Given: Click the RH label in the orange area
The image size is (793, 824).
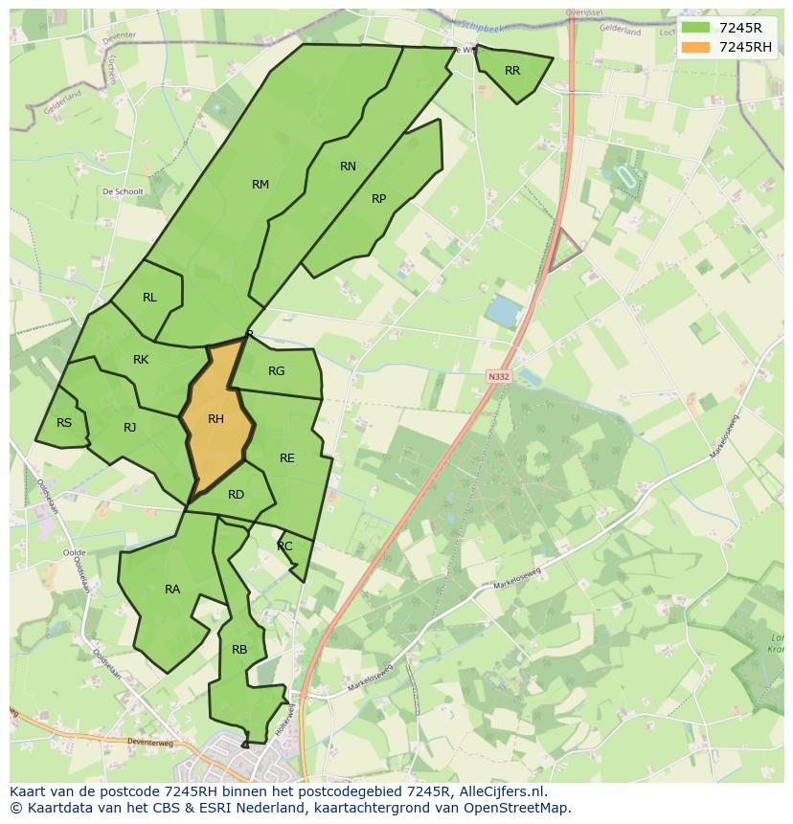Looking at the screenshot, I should (x=215, y=419).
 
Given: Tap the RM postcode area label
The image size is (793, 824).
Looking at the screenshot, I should (x=261, y=185).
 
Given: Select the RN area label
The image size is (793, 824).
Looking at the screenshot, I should (x=348, y=167).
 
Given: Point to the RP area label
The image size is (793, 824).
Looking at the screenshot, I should (x=378, y=199).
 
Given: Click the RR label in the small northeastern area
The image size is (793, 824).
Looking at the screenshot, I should (x=512, y=71).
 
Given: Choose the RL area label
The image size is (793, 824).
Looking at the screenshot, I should (x=149, y=298).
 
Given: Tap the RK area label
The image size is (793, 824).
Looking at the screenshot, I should (x=141, y=360).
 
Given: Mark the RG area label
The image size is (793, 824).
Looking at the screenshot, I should (x=276, y=371).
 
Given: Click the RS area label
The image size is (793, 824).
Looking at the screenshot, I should (x=64, y=423).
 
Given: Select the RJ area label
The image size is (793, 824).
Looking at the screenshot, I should (x=129, y=428).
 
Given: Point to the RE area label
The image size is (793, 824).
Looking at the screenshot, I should (x=287, y=458).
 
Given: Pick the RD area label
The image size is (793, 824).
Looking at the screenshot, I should (x=236, y=495).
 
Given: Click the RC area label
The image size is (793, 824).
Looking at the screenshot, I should (x=284, y=546).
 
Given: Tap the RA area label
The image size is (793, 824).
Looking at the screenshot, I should (x=172, y=590).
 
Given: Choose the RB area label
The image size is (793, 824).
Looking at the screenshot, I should (x=239, y=650).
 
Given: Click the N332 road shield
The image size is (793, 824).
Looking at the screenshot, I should (x=498, y=376).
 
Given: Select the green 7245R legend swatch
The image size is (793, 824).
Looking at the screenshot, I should (x=696, y=28).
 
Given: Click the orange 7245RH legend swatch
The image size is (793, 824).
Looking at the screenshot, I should (x=696, y=47).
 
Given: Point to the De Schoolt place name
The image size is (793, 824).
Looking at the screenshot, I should (x=123, y=191).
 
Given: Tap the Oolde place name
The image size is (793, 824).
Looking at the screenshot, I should (x=74, y=552).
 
